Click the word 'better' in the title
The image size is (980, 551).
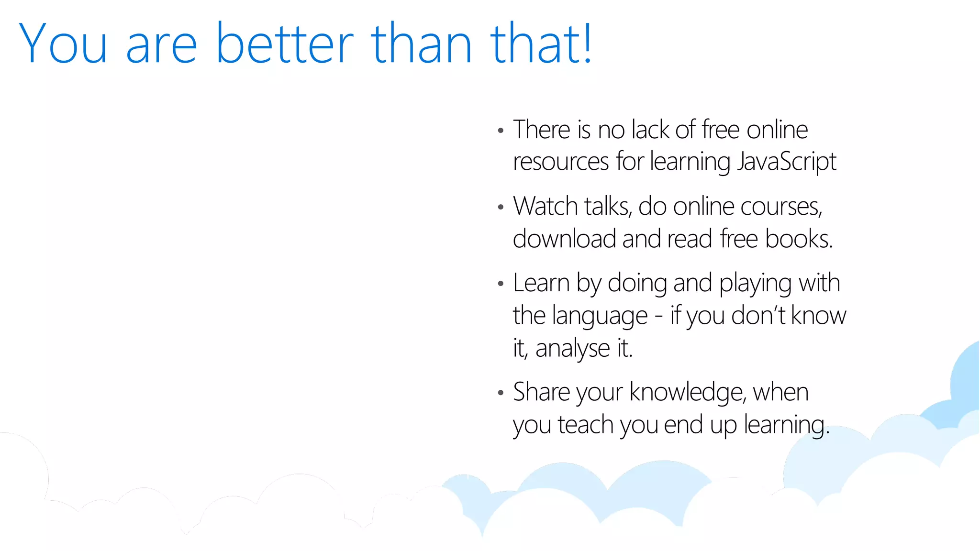(x=285, y=44)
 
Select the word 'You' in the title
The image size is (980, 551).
(x=63, y=44)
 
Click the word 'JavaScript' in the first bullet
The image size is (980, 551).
(x=787, y=161)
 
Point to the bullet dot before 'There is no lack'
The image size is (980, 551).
(x=501, y=131)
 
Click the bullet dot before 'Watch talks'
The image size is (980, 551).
(x=501, y=208)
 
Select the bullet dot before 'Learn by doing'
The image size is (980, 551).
(x=501, y=284)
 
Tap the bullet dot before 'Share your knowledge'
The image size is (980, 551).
(x=501, y=393)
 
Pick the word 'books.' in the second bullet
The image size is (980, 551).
(x=799, y=239)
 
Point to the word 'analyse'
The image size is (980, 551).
(x=572, y=349)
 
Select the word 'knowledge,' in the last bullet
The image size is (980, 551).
(x=688, y=393)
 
